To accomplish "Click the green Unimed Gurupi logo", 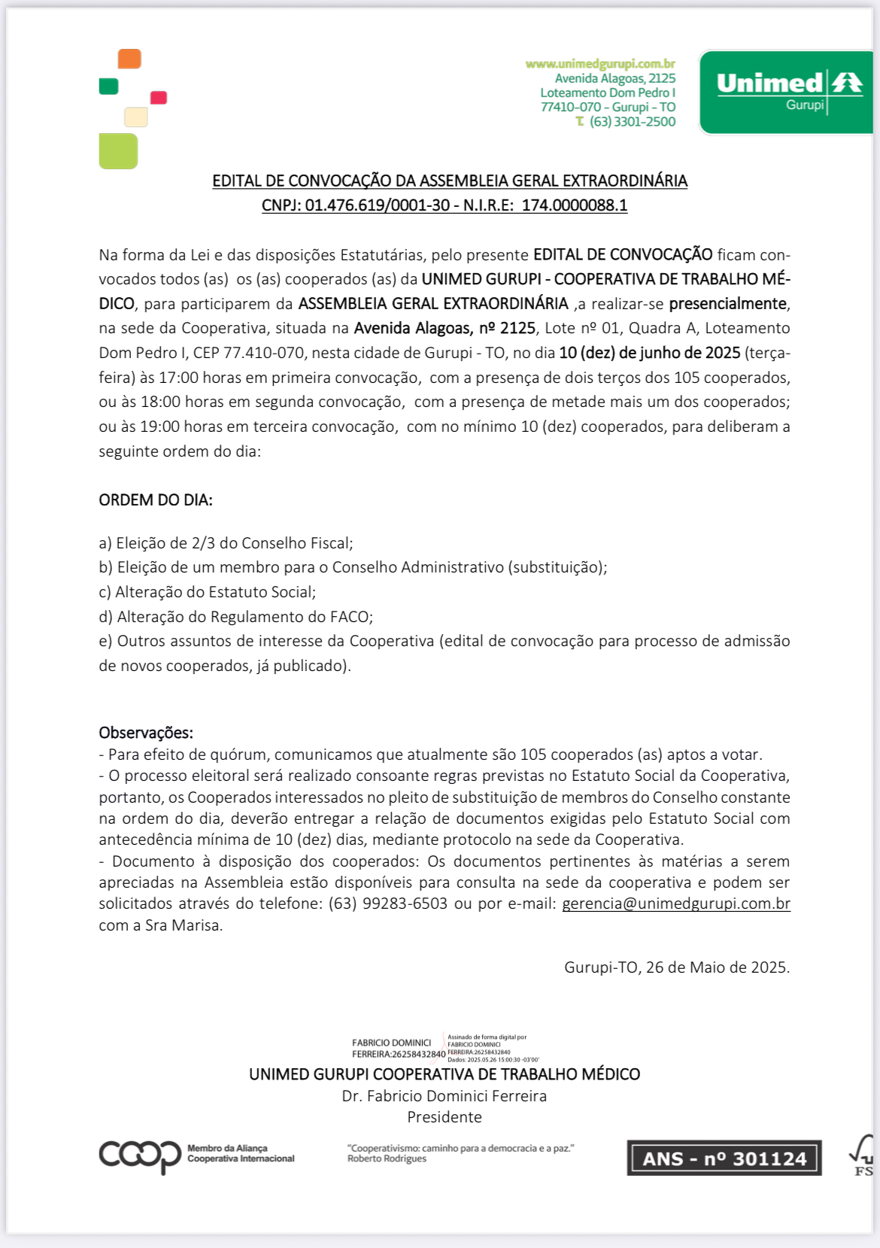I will [786, 92].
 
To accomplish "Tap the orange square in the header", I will [129, 59].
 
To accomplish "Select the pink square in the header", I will [159, 98].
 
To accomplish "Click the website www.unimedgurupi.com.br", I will [600, 64].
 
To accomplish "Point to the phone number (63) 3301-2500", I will [632, 122].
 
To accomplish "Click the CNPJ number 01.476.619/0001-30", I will [378, 205].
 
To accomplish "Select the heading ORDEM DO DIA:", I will [156, 500].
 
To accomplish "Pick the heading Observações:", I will [146, 733].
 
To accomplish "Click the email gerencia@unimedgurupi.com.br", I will [676, 903].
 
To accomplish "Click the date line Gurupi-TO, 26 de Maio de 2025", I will [677, 967].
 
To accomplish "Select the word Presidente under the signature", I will [445, 1117].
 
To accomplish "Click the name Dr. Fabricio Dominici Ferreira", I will [445, 1096].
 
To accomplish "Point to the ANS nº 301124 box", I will [724, 1158].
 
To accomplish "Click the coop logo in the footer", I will [140, 1155].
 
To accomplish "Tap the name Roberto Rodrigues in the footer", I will [387, 1158].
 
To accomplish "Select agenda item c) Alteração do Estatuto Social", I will [208, 592].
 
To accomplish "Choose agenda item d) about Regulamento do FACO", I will [236, 617].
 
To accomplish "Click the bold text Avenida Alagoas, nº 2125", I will [445, 328].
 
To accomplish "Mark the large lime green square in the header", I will [118, 151].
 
